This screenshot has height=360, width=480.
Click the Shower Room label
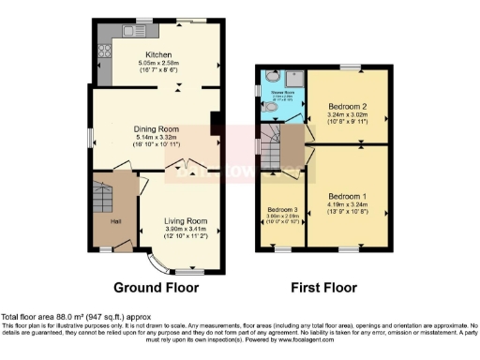click(282, 93)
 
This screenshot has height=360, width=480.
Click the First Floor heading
click(322, 286)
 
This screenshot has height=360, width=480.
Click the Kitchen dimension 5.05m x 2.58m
click(157, 63)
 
